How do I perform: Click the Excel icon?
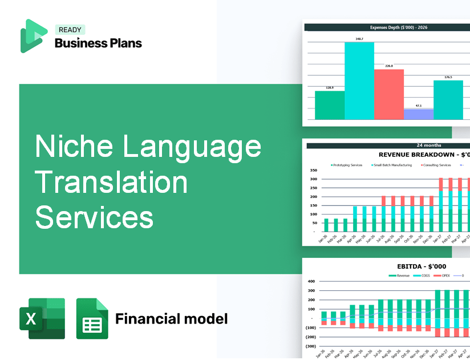pos(42,318)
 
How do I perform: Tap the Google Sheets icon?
pos(92,318)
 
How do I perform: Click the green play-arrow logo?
pos(33,35)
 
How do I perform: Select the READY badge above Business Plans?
pos(70,30)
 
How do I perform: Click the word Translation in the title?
pos(111,182)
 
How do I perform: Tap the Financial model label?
pos(171,318)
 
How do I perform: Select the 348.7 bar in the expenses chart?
pos(359,80)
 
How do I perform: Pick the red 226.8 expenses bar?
pos(388,94)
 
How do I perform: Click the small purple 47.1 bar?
pos(418,114)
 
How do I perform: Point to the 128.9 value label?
pos(330,88)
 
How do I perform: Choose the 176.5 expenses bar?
pos(448,99)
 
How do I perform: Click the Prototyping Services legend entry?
pos(346,165)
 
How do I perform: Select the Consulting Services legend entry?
pos(436,165)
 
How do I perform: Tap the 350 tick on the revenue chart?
pos(313,170)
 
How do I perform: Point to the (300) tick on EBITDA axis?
pos(311,346)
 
